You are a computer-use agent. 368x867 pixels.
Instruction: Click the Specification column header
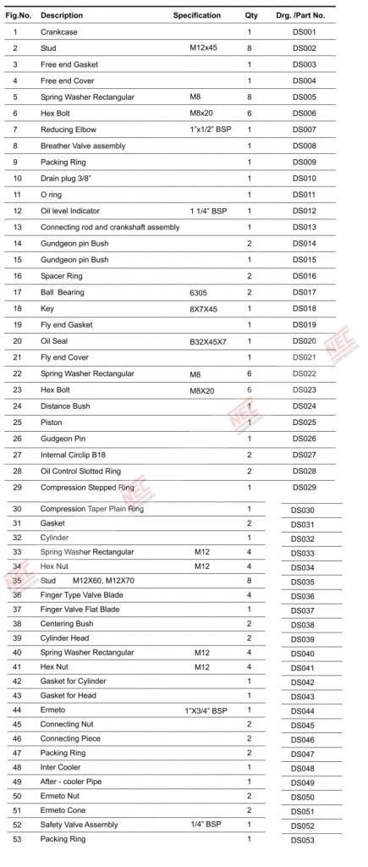pyautogui.click(x=197, y=15)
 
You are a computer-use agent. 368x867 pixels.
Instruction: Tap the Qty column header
pyautogui.click(x=251, y=15)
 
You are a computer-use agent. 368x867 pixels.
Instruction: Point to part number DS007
pyautogui.click(x=304, y=130)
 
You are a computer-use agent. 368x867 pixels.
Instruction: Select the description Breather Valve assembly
pyautogui.click(x=83, y=146)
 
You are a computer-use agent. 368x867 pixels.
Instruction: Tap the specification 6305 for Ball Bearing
pyautogui.click(x=198, y=292)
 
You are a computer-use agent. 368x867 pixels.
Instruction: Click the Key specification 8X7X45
pyautogui.click(x=203, y=308)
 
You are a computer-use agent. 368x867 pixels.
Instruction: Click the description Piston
pyautogui.click(x=52, y=422)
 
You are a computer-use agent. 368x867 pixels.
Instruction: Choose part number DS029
pyautogui.click(x=304, y=488)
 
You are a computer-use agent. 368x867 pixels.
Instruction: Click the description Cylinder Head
pyautogui.click(x=66, y=638)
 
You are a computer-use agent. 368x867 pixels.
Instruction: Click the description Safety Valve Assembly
pyautogui.click(x=80, y=825)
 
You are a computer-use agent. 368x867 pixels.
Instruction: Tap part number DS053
pyautogui.click(x=303, y=840)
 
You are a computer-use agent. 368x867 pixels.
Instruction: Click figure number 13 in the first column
pyautogui.click(x=18, y=227)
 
